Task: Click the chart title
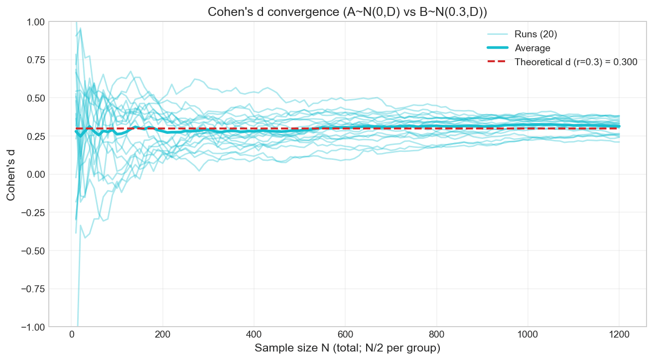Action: click(x=347, y=12)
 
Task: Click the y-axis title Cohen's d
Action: click(x=10, y=174)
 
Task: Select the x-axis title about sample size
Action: click(x=348, y=348)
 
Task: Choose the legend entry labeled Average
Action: click(x=532, y=48)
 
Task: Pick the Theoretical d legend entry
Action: click(x=576, y=62)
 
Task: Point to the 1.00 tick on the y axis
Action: click(x=36, y=22)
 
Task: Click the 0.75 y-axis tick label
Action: click(x=36, y=60)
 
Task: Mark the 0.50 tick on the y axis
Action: click(x=36, y=98)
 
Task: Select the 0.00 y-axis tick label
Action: click(x=36, y=174)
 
